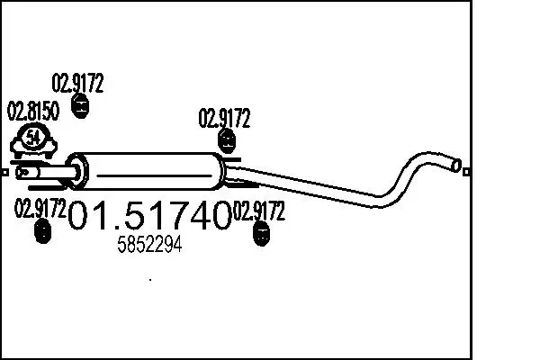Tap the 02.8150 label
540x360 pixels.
point(33,113)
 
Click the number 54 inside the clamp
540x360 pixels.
point(33,138)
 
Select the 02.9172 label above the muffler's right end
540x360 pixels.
point(224,119)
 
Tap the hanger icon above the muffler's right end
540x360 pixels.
point(227,141)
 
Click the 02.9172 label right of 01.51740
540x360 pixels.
point(259,212)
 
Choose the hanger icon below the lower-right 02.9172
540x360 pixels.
point(261,236)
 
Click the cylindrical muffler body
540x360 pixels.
point(153,168)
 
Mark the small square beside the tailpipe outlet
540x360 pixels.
point(466,168)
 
